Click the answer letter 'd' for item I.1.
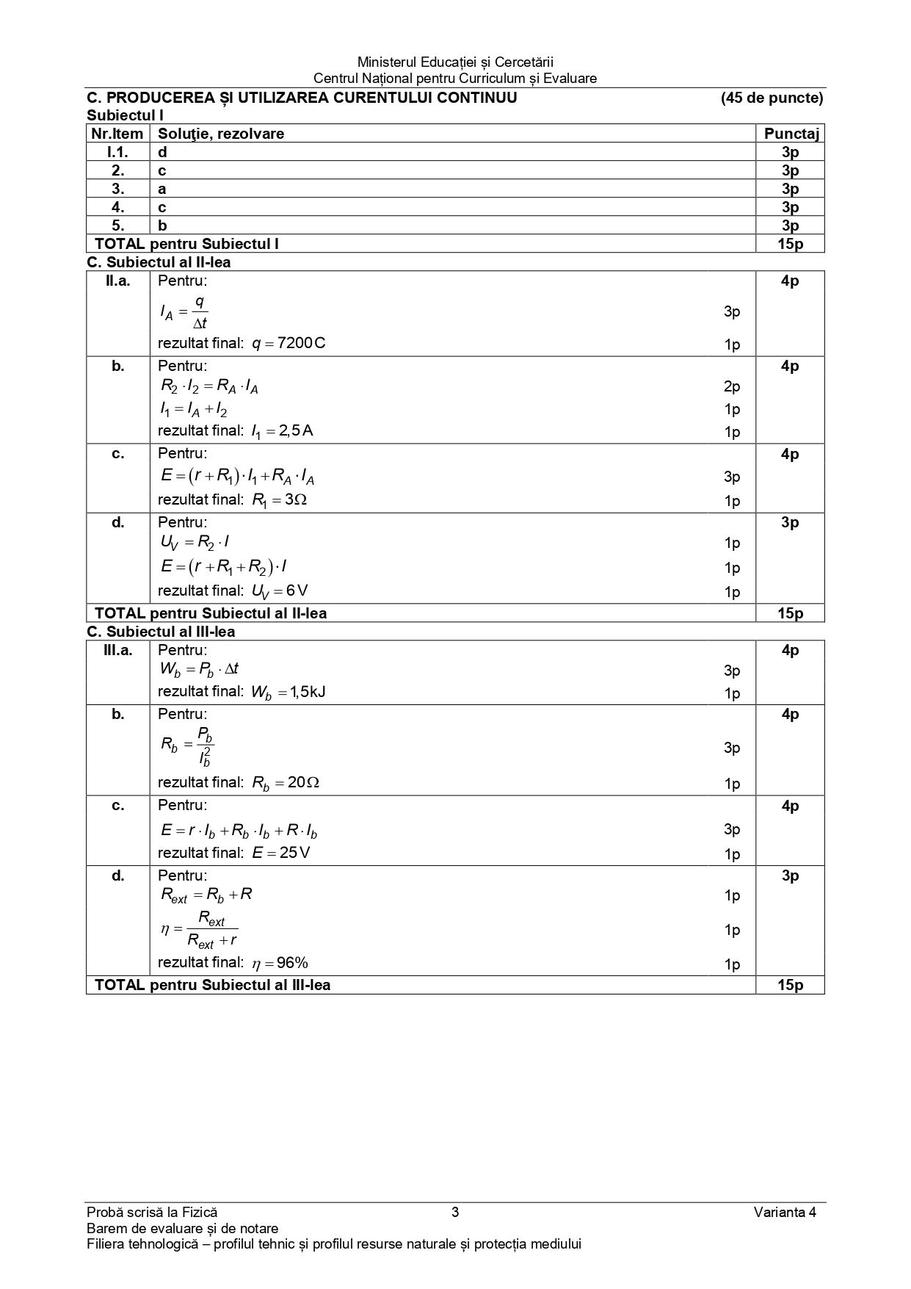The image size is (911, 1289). point(162,152)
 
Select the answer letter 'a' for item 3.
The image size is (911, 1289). point(162,189)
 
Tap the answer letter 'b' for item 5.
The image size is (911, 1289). point(162,225)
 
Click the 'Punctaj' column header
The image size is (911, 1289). point(790,134)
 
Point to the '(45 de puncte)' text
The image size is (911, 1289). point(772,98)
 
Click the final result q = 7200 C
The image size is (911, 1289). point(288,343)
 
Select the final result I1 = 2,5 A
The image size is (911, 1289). point(282,431)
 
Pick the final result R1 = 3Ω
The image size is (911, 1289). point(279,500)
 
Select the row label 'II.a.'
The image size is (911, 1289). point(117,281)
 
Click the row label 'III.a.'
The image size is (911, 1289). point(117,650)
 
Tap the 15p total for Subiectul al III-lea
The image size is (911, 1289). point(790,985)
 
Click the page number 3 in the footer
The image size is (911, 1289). point(455,1212)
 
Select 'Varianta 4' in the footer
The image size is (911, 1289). point(785,1212)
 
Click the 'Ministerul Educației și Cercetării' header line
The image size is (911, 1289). point(455,62)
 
